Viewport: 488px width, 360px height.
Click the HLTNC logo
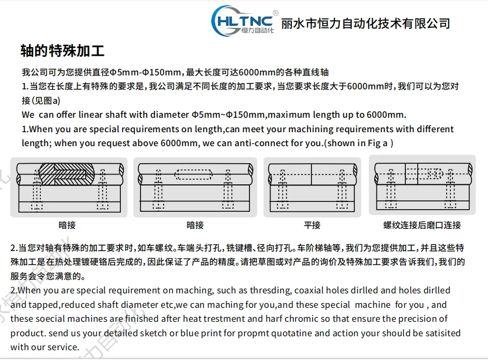click(243, 21)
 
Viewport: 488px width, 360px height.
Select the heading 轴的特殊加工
click(62, 51)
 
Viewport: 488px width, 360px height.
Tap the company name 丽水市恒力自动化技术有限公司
click(366, 24)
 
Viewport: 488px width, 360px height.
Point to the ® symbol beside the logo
click(275, 13)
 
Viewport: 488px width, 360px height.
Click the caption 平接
click(312, 225)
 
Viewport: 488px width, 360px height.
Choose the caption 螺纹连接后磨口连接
click(422, 225)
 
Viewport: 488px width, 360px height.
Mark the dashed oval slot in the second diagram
click(193, 175)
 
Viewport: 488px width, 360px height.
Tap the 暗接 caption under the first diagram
click(67, 225)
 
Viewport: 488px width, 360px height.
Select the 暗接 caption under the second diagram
click(195, 225)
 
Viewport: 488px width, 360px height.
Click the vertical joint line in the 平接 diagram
click(311, 174)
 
